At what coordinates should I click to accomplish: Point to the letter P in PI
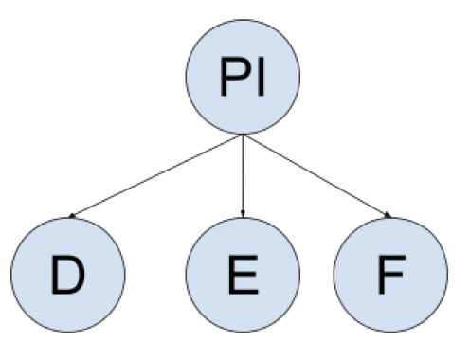coord(233,81)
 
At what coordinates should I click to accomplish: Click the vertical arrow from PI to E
coord(243,175)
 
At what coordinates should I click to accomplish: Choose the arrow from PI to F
coord(317,177)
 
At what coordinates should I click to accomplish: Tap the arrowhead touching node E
coord(243,215)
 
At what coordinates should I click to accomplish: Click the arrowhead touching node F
coord(387,217)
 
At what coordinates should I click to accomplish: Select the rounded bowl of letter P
coord(240,72)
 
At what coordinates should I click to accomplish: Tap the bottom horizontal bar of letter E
coord(244,292)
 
